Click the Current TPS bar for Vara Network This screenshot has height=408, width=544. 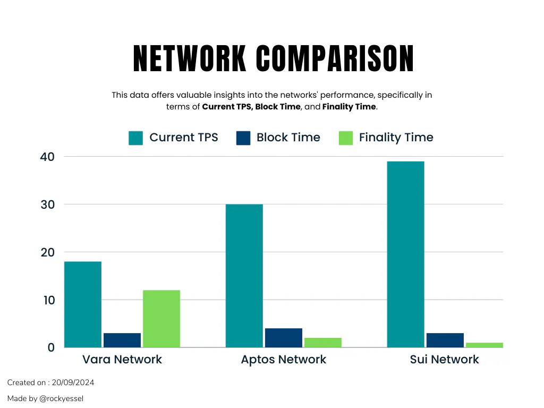tap(82, 304)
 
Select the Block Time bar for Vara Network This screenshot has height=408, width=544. tap(122, 340)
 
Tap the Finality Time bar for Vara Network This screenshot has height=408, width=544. tap(161, 319)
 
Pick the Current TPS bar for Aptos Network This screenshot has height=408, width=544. tap(244, 276)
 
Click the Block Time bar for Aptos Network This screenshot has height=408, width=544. tap(284, 338)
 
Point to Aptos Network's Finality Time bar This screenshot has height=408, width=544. tap(323, 343)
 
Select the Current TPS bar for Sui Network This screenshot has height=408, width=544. tap(405, 254)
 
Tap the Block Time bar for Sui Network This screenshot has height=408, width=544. tap(445, 340)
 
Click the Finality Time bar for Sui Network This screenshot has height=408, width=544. tap(484, 345)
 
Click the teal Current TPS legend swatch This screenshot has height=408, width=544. tap(136, 138)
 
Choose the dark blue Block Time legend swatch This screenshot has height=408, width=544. tap(243, 138)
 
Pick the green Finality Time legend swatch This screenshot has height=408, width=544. tap(346, 138)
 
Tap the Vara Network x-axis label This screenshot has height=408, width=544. tap(122, 360)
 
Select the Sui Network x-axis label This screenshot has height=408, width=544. tap(445, 360)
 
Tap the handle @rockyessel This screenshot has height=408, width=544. tap(62, 398)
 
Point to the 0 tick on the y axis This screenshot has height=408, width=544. tap(51, 347)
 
